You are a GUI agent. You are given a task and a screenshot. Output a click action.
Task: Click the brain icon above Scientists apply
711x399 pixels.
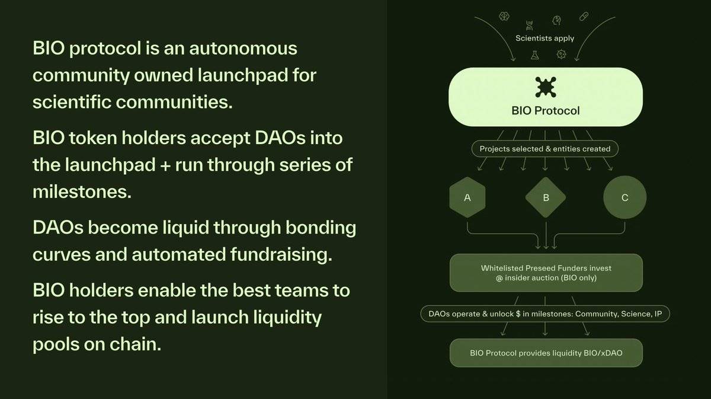[x=504, y=16]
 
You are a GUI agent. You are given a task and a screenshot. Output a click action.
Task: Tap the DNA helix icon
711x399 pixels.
[x=530, y=25]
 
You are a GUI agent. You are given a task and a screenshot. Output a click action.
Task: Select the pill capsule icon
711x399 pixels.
[x=584, y=17]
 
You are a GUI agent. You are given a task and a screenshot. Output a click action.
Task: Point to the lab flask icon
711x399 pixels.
[x=535, y=55]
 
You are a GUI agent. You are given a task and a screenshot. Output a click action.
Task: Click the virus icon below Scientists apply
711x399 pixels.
[x=562, y=55]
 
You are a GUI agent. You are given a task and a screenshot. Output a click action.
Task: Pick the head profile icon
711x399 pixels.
[x=556, y=21]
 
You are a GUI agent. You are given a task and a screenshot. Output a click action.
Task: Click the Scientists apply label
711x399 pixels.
[x=545, y=39]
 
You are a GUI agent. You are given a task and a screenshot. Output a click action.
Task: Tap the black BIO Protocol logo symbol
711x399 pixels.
[x=546, y=87]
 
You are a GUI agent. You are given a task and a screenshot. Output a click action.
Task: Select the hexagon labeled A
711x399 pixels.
[x=467, y=197]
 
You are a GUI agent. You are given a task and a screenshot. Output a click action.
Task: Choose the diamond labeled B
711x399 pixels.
[x=546, y=197]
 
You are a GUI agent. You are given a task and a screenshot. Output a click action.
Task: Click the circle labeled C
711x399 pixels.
[x=624, y=197]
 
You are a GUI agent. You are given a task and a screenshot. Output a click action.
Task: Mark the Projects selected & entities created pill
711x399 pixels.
[x=545, y=149]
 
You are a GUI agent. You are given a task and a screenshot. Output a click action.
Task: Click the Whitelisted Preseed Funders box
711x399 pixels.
[x=546, y=273]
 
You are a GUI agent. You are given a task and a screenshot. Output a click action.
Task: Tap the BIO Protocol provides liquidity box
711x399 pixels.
[x=546, y=353]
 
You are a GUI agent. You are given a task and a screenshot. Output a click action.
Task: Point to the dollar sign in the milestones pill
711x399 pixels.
[x=518, y=314]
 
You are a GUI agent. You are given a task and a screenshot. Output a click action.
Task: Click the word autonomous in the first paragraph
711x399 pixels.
[x=243, y=49]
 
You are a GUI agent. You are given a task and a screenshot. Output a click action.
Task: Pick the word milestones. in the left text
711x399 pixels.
[x=82, y=192]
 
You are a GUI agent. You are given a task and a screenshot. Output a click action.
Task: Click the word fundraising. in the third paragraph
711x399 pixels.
[x=281, y=255]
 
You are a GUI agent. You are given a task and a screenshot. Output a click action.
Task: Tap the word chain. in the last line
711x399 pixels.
[x=136, y=344]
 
